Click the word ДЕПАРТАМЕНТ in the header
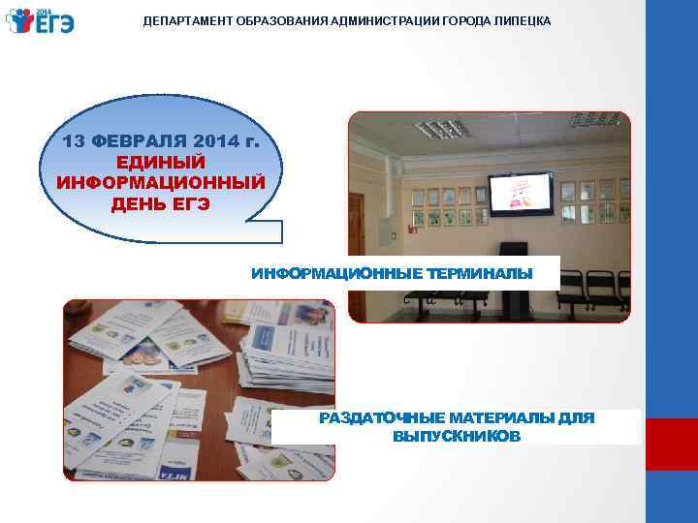tap(187, 19)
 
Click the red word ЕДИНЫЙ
tap(161, 162)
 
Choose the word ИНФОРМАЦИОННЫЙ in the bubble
tap(160, 182)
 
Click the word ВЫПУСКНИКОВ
tap(456, 437)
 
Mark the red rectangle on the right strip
tap(671, 444)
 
